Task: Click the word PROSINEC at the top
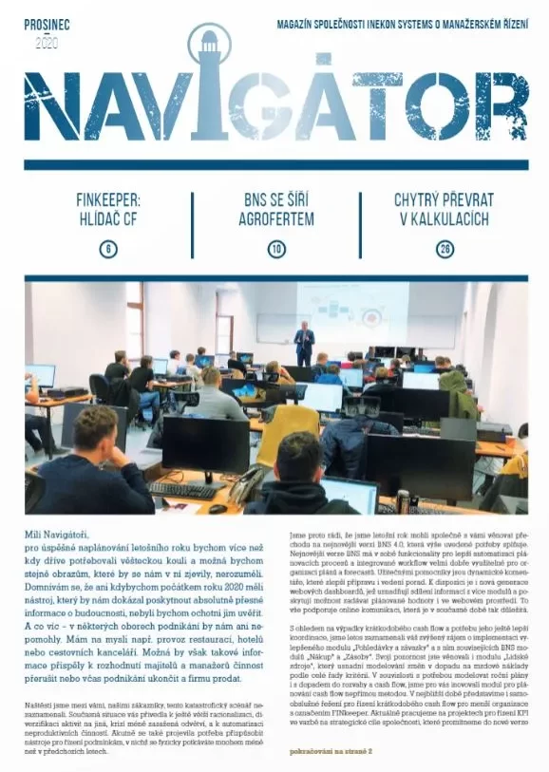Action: (x=47, y=24)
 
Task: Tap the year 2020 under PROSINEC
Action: (x=47, y=42)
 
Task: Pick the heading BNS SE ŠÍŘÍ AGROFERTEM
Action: (x=275, y=208)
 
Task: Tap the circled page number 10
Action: (x=275, y=249)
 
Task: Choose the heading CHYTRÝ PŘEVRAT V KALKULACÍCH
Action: (x=442, y=208)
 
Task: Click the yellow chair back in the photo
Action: (x=289, y=434)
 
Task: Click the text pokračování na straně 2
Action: (x=331, y=750)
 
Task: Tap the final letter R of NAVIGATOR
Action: (x=499, y=105)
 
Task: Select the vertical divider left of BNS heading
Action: (x=193, y=225)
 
